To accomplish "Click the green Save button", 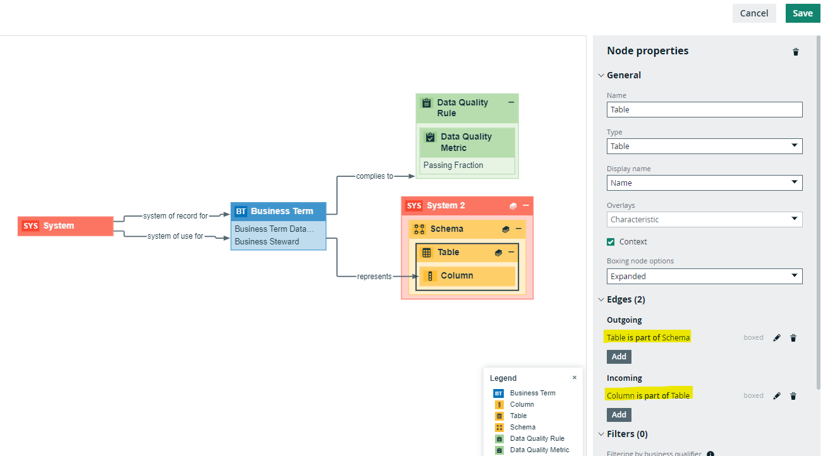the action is [x=802, y=13].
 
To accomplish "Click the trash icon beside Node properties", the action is [x=795, y=52].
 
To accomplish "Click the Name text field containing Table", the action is [x=704, y=109].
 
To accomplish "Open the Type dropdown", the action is [x=704, y=146].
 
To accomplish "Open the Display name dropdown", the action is [x=704, y=183].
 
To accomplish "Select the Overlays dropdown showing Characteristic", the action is [x=704, y=220].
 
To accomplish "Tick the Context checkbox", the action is [x=611, y=242].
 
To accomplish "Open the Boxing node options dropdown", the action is [x=704, y=276].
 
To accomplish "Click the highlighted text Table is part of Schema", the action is [x=648, y=337].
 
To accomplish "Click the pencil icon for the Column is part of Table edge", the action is [x=777, y=396].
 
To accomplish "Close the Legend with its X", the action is [x=575, y=378].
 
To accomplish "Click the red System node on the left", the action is [x=65, y=226].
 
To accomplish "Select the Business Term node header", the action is [x=278, y=212].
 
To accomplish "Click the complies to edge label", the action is [x=374, y=176].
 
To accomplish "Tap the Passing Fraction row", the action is [x=467, y=165].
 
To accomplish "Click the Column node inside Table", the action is [x=467, y=276].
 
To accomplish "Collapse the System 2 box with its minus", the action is [x=526, y=206].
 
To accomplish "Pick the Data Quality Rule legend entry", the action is [x=537, y=438].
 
